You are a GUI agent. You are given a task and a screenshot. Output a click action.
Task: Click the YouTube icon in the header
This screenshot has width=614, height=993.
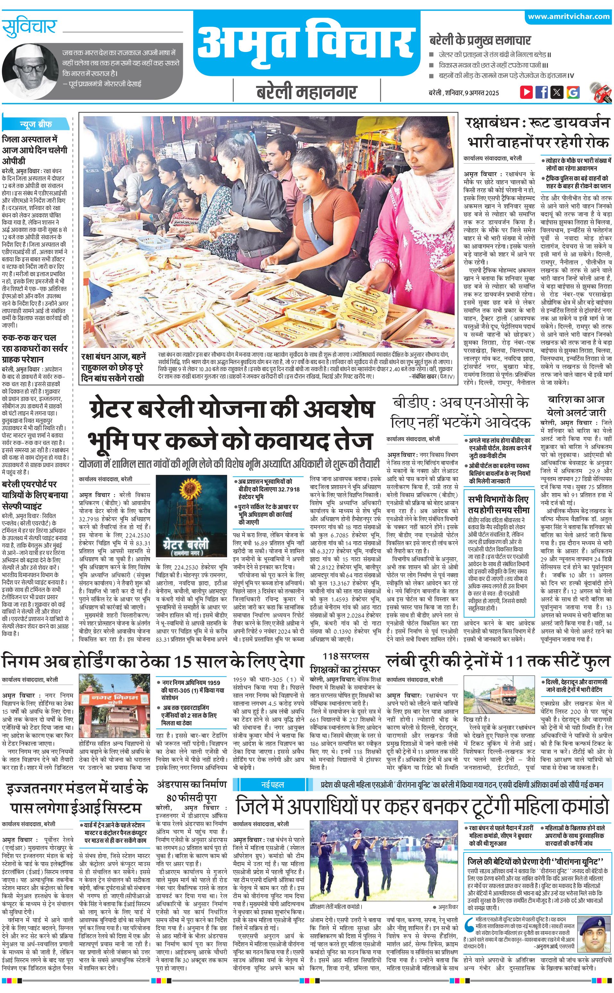point(526,92)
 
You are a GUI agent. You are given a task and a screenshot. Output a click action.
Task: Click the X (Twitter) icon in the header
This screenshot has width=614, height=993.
point(557,92)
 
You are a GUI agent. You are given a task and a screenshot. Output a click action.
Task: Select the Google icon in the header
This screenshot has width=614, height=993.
point(573,92)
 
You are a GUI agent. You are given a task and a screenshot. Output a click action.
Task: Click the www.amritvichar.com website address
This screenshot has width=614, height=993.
point(568,16)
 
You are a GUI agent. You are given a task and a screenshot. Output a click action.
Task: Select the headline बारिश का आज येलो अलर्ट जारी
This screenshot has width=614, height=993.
point(576,406)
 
